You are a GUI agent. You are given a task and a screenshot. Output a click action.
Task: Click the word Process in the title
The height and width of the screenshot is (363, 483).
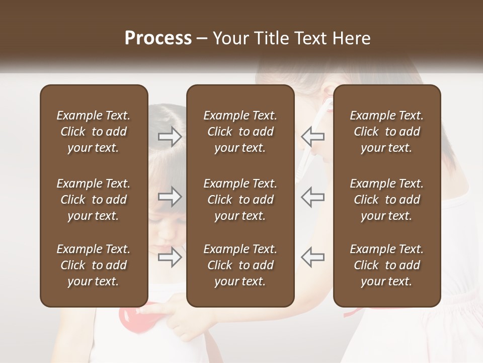158,38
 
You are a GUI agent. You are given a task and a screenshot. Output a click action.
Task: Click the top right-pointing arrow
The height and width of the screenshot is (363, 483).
170,136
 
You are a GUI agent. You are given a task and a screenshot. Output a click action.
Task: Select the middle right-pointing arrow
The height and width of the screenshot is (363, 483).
170,196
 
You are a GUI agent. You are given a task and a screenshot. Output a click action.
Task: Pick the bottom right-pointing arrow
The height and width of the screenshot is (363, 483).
170,257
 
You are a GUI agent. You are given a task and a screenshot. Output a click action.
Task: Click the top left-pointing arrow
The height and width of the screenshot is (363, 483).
312,136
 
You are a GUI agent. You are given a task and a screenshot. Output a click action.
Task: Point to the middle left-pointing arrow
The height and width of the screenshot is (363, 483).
312,196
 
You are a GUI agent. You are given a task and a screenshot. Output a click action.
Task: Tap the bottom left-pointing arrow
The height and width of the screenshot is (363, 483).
312,257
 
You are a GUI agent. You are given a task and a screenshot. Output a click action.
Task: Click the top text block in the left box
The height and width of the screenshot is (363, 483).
94,132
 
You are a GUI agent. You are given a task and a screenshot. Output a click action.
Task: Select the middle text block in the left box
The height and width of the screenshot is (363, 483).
94,200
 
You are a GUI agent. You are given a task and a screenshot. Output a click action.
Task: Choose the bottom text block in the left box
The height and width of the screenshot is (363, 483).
94,265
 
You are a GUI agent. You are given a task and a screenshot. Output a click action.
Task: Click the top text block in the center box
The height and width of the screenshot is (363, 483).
240,132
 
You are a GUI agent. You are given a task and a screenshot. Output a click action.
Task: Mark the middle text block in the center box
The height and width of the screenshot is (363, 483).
240,200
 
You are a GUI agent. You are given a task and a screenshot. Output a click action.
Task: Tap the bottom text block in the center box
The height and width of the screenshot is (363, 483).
240,265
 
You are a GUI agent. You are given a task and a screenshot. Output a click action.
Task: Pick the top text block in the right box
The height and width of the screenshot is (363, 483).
386,132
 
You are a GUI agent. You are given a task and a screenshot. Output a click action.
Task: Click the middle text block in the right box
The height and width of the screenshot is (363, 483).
386,200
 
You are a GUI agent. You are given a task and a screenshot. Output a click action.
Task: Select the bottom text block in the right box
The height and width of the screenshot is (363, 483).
386,265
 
